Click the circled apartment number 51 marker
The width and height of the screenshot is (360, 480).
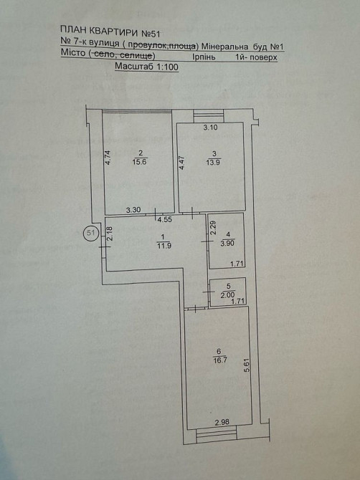[91, 233]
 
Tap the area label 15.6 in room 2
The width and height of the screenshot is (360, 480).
[139, 162]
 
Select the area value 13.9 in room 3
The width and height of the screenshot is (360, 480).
[214, 162]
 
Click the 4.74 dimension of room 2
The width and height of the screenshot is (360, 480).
[108, 158]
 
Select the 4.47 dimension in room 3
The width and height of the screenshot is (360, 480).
[181, 163]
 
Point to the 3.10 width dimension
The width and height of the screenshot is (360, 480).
[211, 128]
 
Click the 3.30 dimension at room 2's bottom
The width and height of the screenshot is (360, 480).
[133, 210]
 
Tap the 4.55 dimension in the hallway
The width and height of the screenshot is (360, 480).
[164, 219]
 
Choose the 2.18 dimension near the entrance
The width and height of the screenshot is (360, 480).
[110, 234]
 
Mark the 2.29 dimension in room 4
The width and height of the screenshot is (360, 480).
[214, 229]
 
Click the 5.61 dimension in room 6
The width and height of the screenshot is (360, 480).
[248, 365]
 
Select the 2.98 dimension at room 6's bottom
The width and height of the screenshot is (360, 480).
[222, 422]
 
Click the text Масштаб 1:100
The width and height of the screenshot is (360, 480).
[146, 67]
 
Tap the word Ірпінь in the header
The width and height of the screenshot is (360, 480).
[204, 57]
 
